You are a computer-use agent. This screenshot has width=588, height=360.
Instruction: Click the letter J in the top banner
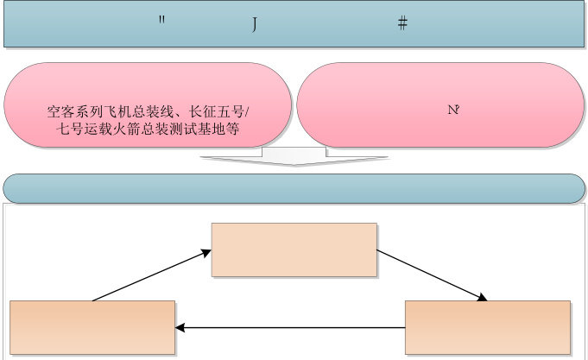(255, 24)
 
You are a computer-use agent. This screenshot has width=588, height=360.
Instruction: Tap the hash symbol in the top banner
(402, 23)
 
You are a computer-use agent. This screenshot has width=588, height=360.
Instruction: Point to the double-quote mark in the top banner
(161, 21)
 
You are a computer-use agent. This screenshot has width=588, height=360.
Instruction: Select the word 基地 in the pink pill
(217, 129)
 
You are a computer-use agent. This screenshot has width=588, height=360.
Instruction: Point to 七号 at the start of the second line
(63, 129)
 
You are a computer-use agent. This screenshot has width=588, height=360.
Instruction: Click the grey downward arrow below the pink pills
(294, 156)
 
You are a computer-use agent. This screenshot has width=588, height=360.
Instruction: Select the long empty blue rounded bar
(294, 188)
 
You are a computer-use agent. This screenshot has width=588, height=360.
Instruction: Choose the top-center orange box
(294, 249)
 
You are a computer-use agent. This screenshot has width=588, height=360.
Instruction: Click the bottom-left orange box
(92, 328)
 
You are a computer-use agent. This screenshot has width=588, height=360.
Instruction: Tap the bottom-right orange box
(487, 328)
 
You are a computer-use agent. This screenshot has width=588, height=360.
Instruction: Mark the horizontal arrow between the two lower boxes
(290, 328)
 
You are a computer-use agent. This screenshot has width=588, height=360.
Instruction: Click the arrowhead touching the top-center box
(205, 252)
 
